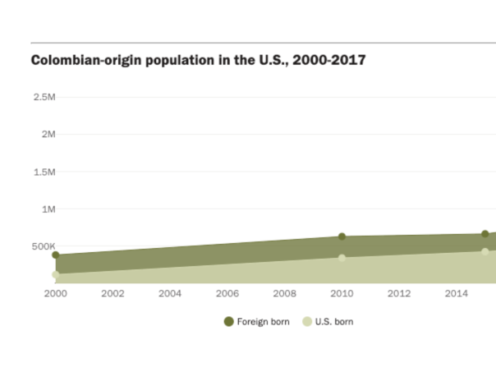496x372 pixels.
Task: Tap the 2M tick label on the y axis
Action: click(46, 135)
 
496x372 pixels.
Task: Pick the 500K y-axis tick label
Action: click(43, 246)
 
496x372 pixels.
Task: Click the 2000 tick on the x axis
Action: click(55, 293)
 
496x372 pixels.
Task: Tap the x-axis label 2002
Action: click(113, 293)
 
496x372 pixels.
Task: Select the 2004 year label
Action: click(170, 293)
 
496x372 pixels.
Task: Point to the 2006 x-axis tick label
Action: click(227, 293)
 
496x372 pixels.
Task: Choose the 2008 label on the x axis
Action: click(285, 293)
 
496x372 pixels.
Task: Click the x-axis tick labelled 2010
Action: click(342, 293)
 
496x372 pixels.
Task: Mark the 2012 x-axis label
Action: click(399, 293)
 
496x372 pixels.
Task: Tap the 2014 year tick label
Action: click(457, 293)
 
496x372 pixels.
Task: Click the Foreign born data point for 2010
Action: click(342, 237)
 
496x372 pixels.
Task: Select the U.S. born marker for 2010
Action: click(342, 258)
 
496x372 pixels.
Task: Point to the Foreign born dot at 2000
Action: click(55, 255)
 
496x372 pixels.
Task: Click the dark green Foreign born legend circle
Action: click(228, 321)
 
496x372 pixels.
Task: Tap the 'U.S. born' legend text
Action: click(334, 322)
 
